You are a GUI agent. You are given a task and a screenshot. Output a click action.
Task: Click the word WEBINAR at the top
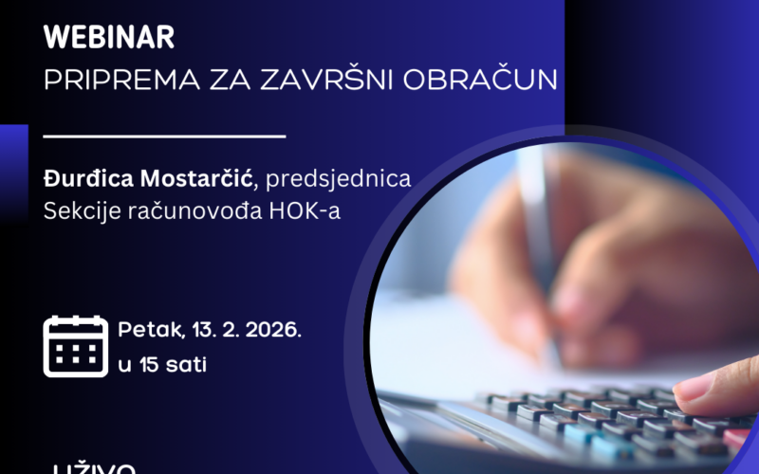(x=109, y=39)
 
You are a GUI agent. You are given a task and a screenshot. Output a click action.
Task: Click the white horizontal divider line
(x=165, y=137)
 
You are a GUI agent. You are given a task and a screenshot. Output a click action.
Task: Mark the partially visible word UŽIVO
(x=95, y=468)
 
